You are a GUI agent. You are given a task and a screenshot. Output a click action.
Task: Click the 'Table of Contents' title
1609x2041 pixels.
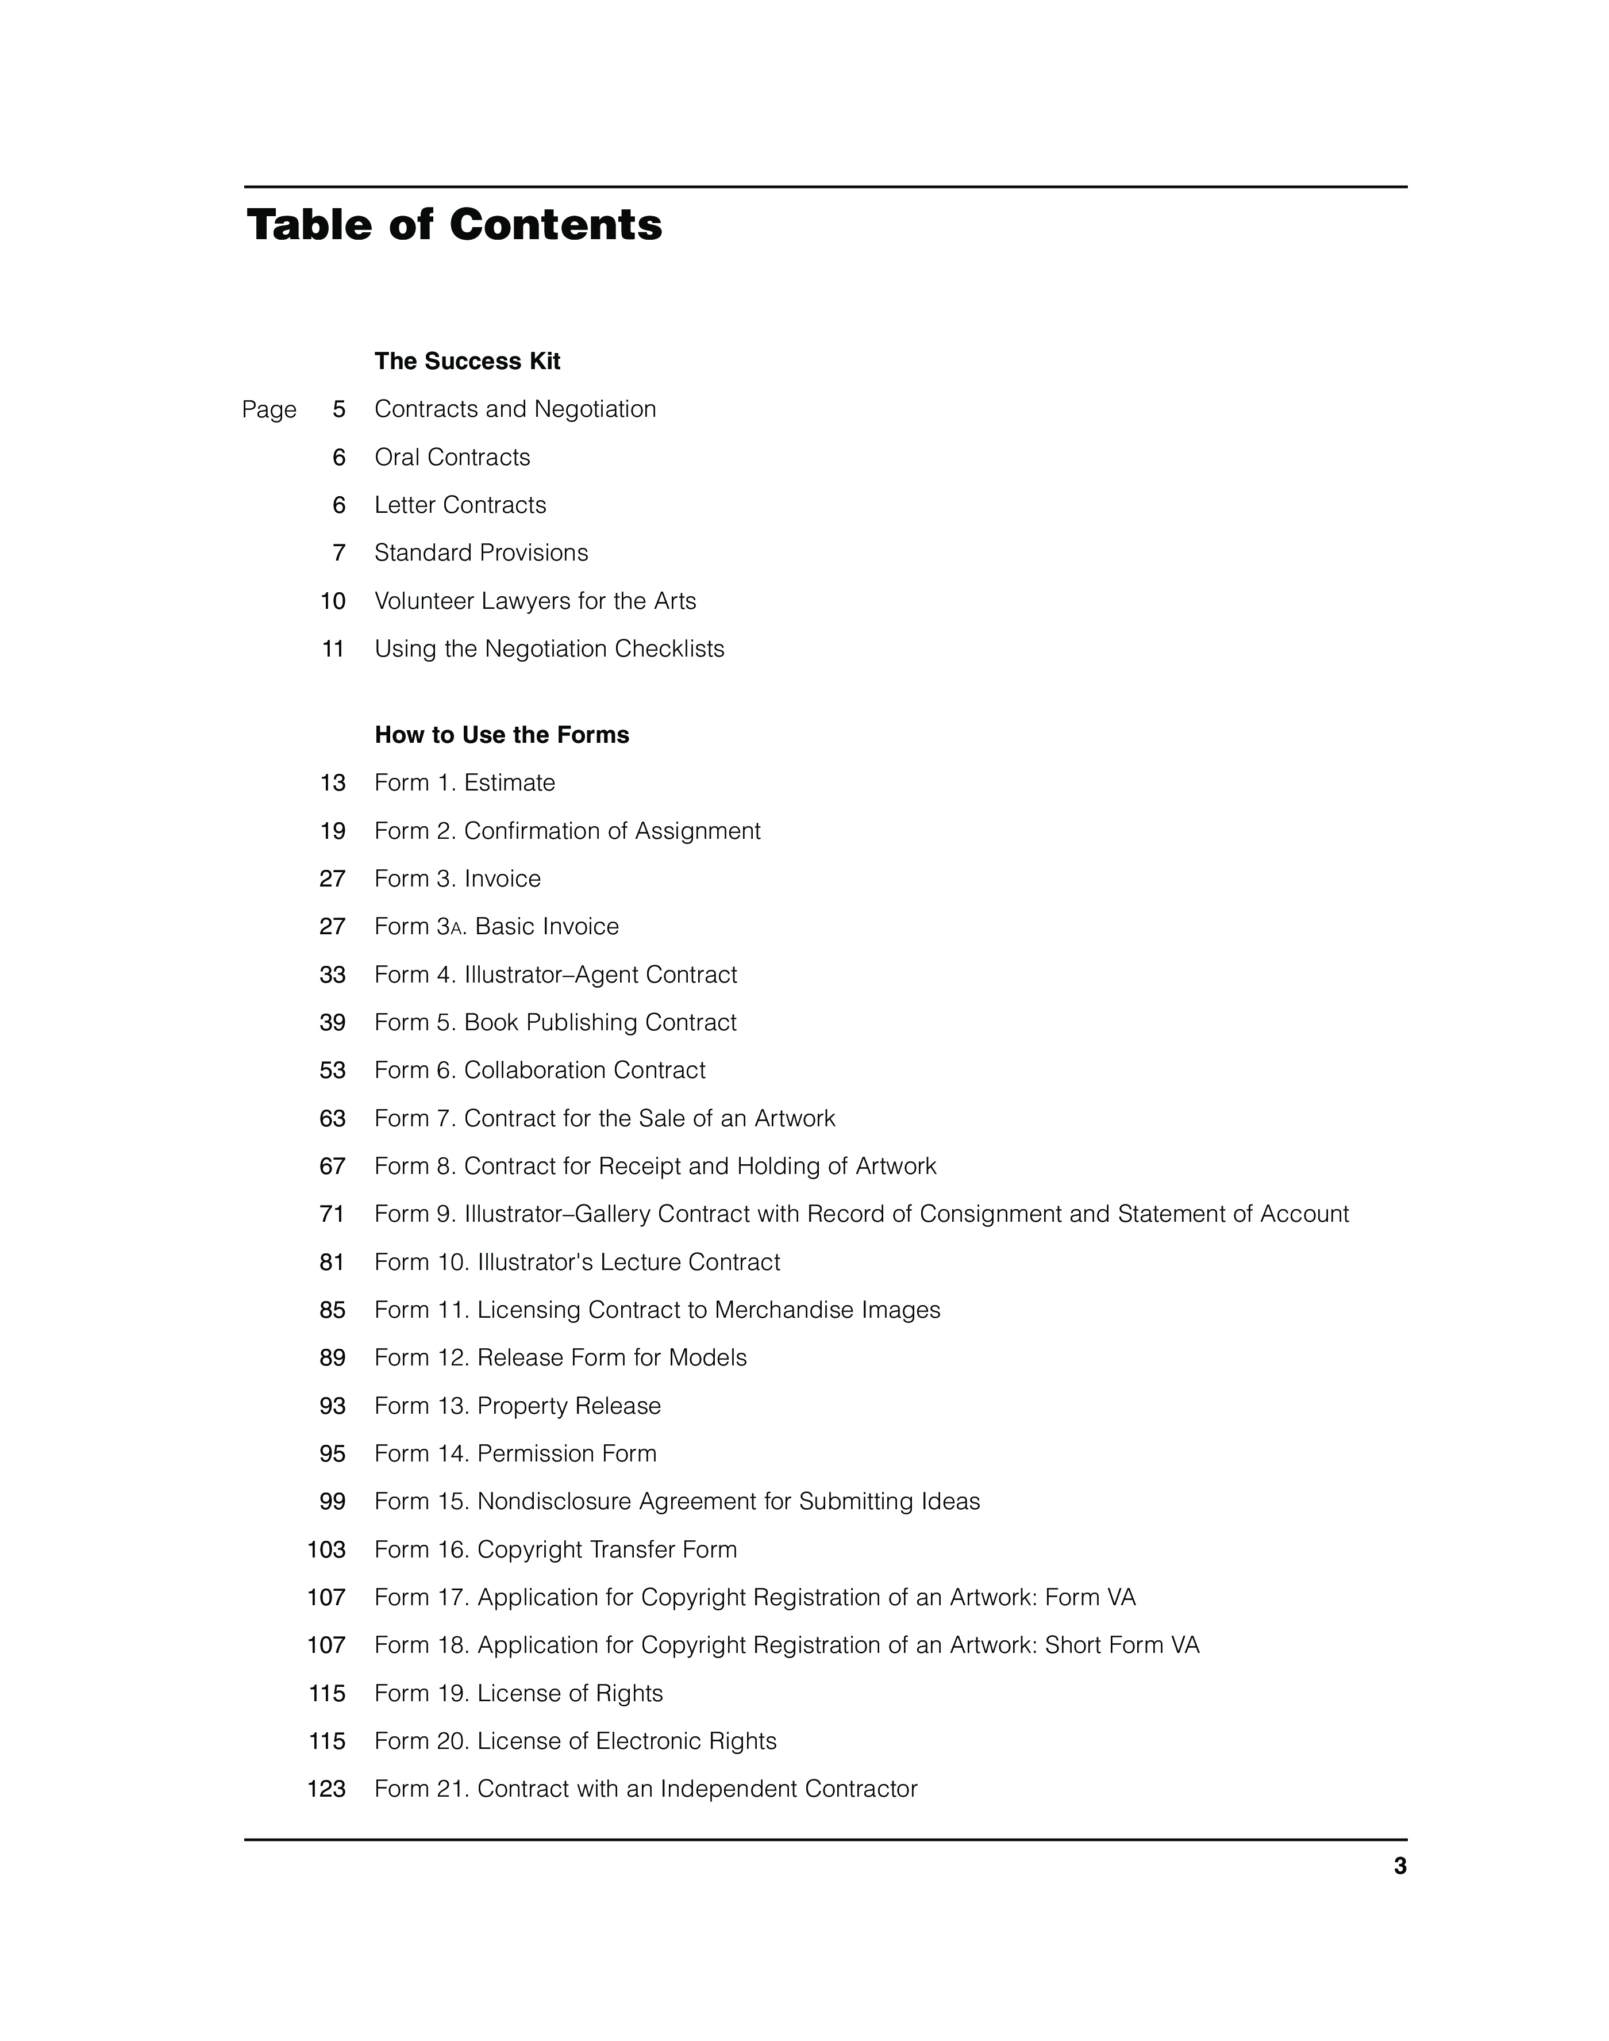pyautogui.click(x=454, y=225)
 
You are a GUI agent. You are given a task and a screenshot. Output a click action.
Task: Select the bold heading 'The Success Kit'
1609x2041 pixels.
pyautogui.click(x=467, y=362)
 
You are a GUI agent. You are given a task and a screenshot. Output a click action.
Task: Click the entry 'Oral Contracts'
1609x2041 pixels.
pyautogui.click(x=452, y=458)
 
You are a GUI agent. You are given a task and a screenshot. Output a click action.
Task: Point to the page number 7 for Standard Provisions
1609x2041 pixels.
pyautogui.click(x=339, y=553)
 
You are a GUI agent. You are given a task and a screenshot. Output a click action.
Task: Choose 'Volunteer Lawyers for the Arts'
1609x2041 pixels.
pyautogui.click(x=535, y=601)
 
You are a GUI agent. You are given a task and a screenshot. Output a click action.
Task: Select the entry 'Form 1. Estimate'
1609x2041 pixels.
pyautogui.click(x=464, y=783)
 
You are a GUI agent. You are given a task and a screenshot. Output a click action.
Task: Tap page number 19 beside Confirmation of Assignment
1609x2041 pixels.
pyautogui.click(x=333, y=831)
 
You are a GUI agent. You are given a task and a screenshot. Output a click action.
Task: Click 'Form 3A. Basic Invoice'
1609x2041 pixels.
pyautogui.click(x=496, y=927)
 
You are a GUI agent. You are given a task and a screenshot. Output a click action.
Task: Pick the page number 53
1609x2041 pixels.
pyautogui.click(x=333, y=1071)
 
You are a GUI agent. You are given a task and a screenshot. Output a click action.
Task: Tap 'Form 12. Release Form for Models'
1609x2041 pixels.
pyautogui.click(x=560, y=1358)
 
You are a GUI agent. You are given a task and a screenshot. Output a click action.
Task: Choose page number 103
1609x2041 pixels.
pyautogui.click(x=327, y=1550)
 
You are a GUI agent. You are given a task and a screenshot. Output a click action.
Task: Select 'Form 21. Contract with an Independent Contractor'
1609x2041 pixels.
pyautogui.click(x=645, y=1789)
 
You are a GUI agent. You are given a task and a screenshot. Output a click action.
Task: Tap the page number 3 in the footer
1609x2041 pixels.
pyautogui.click(x=1400, y=1867)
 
